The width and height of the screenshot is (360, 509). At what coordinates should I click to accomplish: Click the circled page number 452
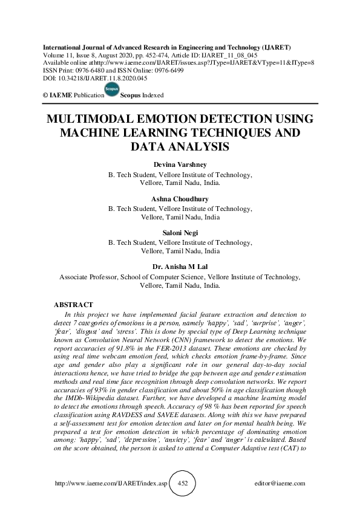[182, 484]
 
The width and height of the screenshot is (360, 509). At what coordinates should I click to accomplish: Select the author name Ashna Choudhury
[180, 199]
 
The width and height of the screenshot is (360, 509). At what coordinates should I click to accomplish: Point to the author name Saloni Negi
[180, 233]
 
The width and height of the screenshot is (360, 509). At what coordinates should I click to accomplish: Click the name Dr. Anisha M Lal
[180, 267]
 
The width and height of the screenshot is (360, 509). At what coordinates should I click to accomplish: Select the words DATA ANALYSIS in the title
[180, 146]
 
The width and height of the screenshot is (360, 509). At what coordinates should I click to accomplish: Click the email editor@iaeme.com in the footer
[280, 484]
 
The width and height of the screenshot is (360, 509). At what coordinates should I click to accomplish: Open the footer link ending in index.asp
[109, 484]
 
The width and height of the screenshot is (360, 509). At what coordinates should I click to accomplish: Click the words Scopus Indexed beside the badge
[142, 96]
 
